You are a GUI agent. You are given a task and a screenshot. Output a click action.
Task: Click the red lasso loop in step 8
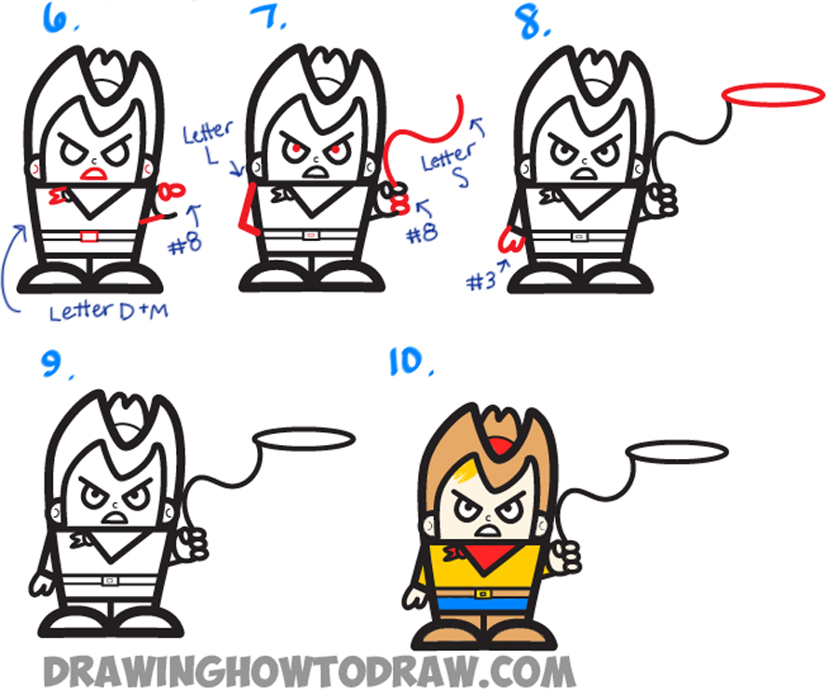[774, 94]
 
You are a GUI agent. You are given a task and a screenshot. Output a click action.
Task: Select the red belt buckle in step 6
[89, 237]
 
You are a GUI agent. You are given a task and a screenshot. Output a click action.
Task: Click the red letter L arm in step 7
[249, 207]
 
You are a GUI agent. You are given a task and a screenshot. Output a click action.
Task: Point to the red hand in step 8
[508, 241]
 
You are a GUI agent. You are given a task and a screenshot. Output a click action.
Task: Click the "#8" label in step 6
[185, 246]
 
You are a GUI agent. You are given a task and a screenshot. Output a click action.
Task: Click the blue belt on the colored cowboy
[482, 603]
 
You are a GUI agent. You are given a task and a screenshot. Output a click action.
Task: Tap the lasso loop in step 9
[304, 437]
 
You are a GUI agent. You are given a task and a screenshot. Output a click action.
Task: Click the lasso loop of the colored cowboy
[677, 453]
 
